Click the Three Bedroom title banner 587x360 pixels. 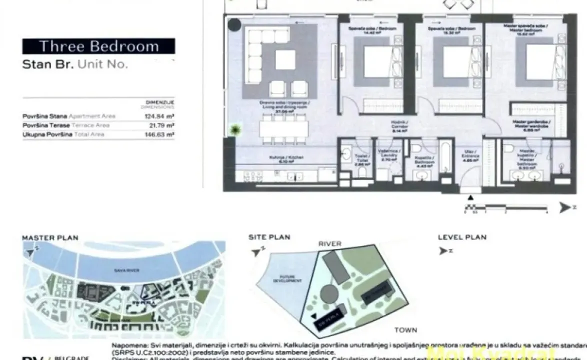pyautogui.click(x=98, y=46)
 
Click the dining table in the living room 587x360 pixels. pyautogui.click(x=283, y=128)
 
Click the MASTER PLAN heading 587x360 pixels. pyautogui.click(x=50, y=237)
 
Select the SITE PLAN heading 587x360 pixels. pyautogui.click(x=269, y=237)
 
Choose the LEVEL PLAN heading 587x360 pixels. pyautogui.click(x=462, y=237)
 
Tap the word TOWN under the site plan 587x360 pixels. pyautogui.click(x=405, y=330)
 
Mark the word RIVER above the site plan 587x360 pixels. pyautogui.click(x=329, y=243)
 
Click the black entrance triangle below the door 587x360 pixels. pyautogui.click(x=470, y=197)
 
